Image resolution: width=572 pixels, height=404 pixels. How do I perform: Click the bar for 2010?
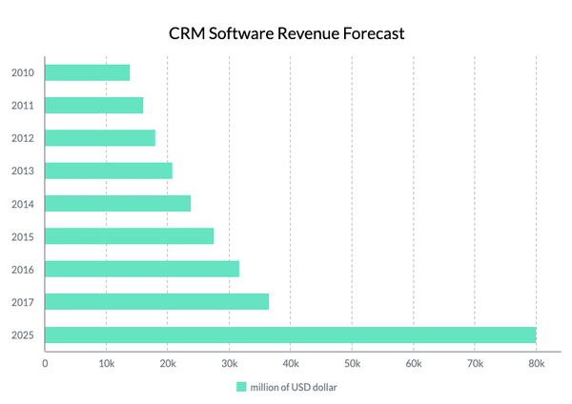point(88,72)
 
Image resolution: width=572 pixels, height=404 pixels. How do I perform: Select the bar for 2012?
point(100,138)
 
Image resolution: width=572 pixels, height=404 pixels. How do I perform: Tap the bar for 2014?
point(118,203)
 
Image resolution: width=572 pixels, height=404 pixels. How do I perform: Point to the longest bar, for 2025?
point(291,334)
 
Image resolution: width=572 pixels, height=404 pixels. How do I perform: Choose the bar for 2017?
point(157,302)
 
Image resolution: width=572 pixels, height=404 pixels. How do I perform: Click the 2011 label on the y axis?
point(24,106)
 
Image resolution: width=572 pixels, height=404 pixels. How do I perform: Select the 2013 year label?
point(24,172)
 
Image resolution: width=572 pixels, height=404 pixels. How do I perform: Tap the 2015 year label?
point(24,237)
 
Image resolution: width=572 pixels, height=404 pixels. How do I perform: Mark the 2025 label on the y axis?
point(24,335)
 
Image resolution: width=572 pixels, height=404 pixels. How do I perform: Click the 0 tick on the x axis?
point(45,363)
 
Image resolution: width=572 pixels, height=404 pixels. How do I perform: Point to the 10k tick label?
point(106,363)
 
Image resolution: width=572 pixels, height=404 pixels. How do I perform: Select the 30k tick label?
point(229,363)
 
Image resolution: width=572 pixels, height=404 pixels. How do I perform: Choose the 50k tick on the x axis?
point(352,363)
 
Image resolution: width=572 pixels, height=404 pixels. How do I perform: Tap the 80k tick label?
point(536,363)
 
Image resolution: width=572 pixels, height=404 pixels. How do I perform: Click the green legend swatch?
point(241,387)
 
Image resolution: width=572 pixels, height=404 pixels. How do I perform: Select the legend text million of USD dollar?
point(294,387)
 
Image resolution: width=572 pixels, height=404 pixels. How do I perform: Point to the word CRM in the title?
point(187,33)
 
